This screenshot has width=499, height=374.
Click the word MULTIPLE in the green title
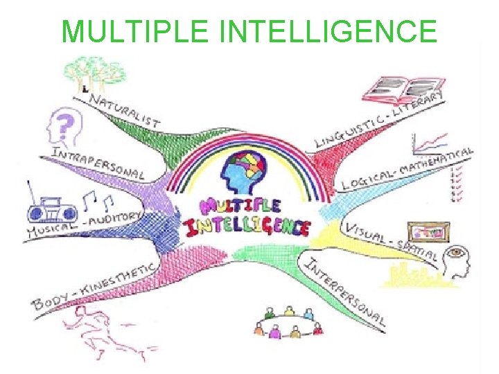(x=130, y=31)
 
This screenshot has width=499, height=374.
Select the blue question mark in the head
(x=65, y=125)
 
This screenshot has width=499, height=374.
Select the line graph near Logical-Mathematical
(x=430, y=144)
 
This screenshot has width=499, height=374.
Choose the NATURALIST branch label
(x=125, y=111)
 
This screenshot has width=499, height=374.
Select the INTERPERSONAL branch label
(x=343, y=292)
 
